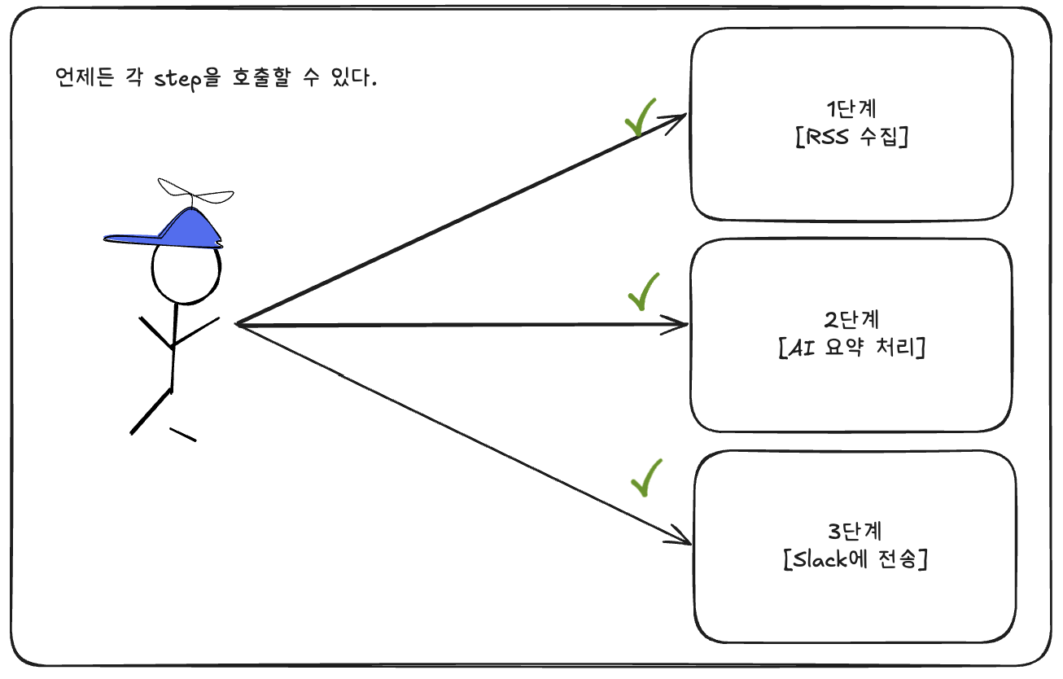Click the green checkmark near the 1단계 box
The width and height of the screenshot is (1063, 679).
(640, 119)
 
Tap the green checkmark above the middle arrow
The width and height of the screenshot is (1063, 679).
(643, 292)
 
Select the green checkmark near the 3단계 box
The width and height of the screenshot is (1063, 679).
(645, 478)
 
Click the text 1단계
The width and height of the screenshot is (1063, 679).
(852, 110)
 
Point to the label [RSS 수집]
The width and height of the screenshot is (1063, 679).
(851, 136)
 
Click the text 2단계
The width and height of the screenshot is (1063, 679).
(851, 319)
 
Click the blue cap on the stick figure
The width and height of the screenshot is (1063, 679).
(175, 230)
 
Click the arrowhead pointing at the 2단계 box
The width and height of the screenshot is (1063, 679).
(680, 325)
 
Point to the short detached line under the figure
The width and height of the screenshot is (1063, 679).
(182, 434)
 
